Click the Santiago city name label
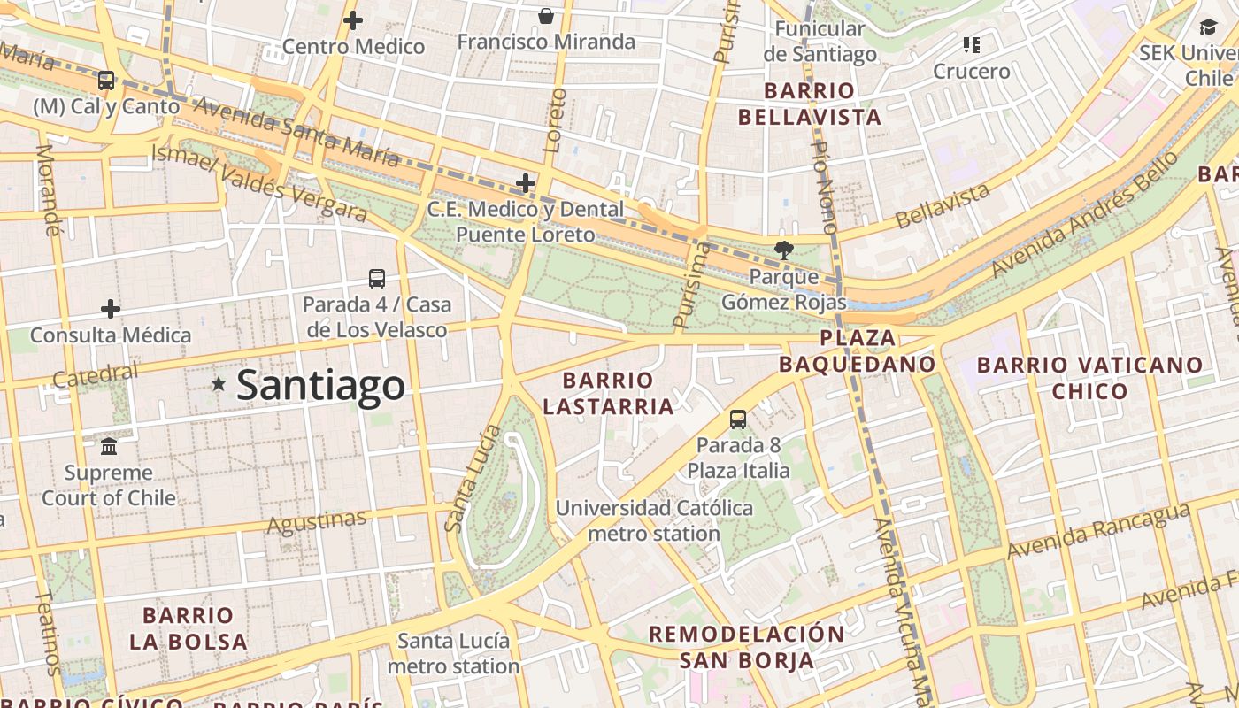320,386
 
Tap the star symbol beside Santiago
219,384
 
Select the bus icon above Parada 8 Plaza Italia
738,419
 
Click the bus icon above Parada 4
377,279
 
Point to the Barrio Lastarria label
608,393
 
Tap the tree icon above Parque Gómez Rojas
783,250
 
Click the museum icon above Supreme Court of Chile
109,446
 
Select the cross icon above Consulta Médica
111,309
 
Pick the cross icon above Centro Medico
353,20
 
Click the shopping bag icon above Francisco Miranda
546,16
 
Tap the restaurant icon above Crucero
972,45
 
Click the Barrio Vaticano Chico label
1089,378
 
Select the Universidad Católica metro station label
654,520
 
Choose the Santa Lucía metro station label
453,653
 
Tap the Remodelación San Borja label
747,647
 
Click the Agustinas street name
317,522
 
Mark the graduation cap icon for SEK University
1208,27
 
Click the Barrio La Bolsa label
188,628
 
